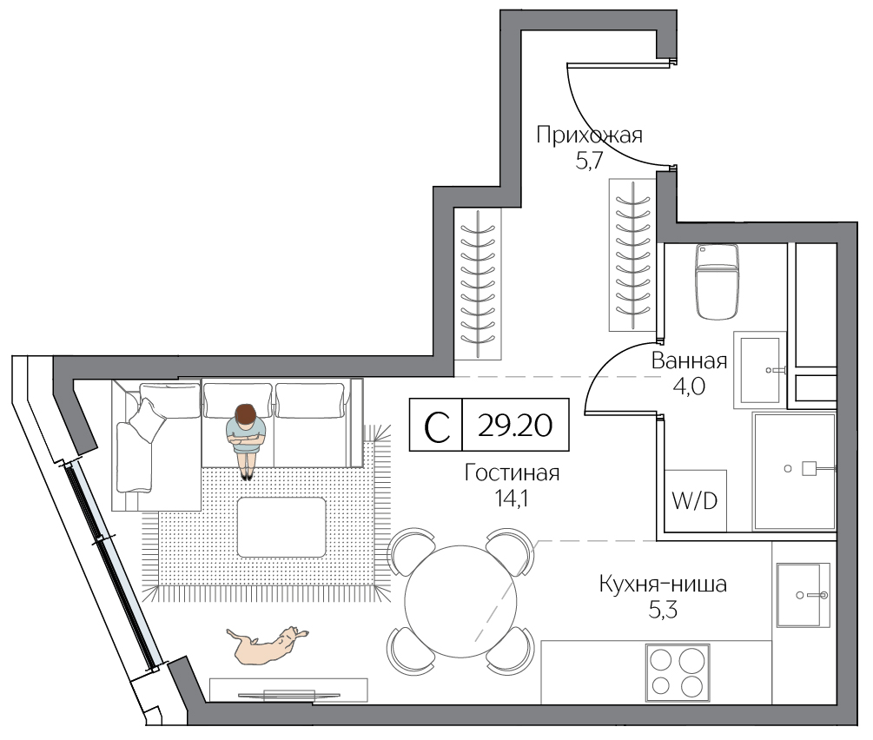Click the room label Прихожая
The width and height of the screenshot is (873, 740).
589,135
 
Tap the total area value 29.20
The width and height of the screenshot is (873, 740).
515,426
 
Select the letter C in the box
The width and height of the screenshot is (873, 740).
437,427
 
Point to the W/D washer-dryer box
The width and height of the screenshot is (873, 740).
696,500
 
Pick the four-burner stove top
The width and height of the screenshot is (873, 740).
678,672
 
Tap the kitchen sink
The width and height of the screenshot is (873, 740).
803,595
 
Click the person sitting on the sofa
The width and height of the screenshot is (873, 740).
246,439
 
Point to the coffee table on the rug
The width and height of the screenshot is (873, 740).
281,527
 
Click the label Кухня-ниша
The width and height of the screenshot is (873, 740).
663,585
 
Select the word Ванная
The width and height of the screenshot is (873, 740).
689,361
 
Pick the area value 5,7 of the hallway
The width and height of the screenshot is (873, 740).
589,162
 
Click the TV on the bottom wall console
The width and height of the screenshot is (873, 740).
288,694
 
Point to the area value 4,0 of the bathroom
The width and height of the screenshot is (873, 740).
689,386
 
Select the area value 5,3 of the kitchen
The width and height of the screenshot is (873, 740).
663,611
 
